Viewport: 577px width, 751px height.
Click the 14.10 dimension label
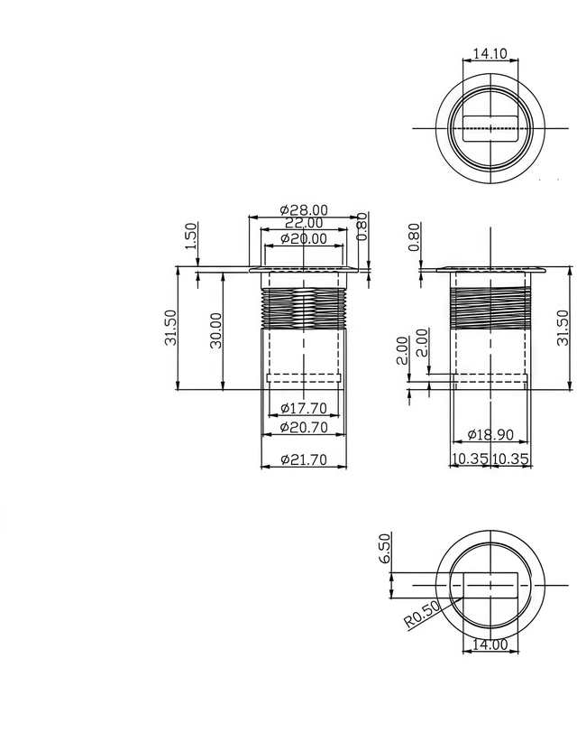490,53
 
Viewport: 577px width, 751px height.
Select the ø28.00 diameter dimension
304,209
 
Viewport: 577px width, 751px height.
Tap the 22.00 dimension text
304,223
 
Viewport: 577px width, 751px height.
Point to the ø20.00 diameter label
304,238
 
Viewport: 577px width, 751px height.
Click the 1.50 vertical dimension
191,236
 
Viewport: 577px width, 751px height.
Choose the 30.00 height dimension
216,330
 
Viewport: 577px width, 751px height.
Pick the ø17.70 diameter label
304,408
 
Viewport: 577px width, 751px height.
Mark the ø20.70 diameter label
304,427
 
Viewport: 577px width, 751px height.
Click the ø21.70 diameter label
304,459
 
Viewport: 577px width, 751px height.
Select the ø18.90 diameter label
490,434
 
